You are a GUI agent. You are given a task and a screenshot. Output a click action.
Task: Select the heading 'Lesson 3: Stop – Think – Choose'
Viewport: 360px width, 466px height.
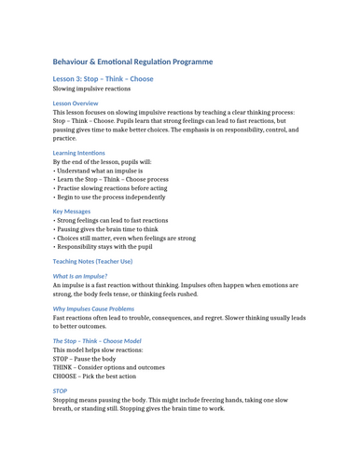[104, 79]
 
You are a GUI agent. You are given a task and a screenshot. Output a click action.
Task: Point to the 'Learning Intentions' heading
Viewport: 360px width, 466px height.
[79, 153]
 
